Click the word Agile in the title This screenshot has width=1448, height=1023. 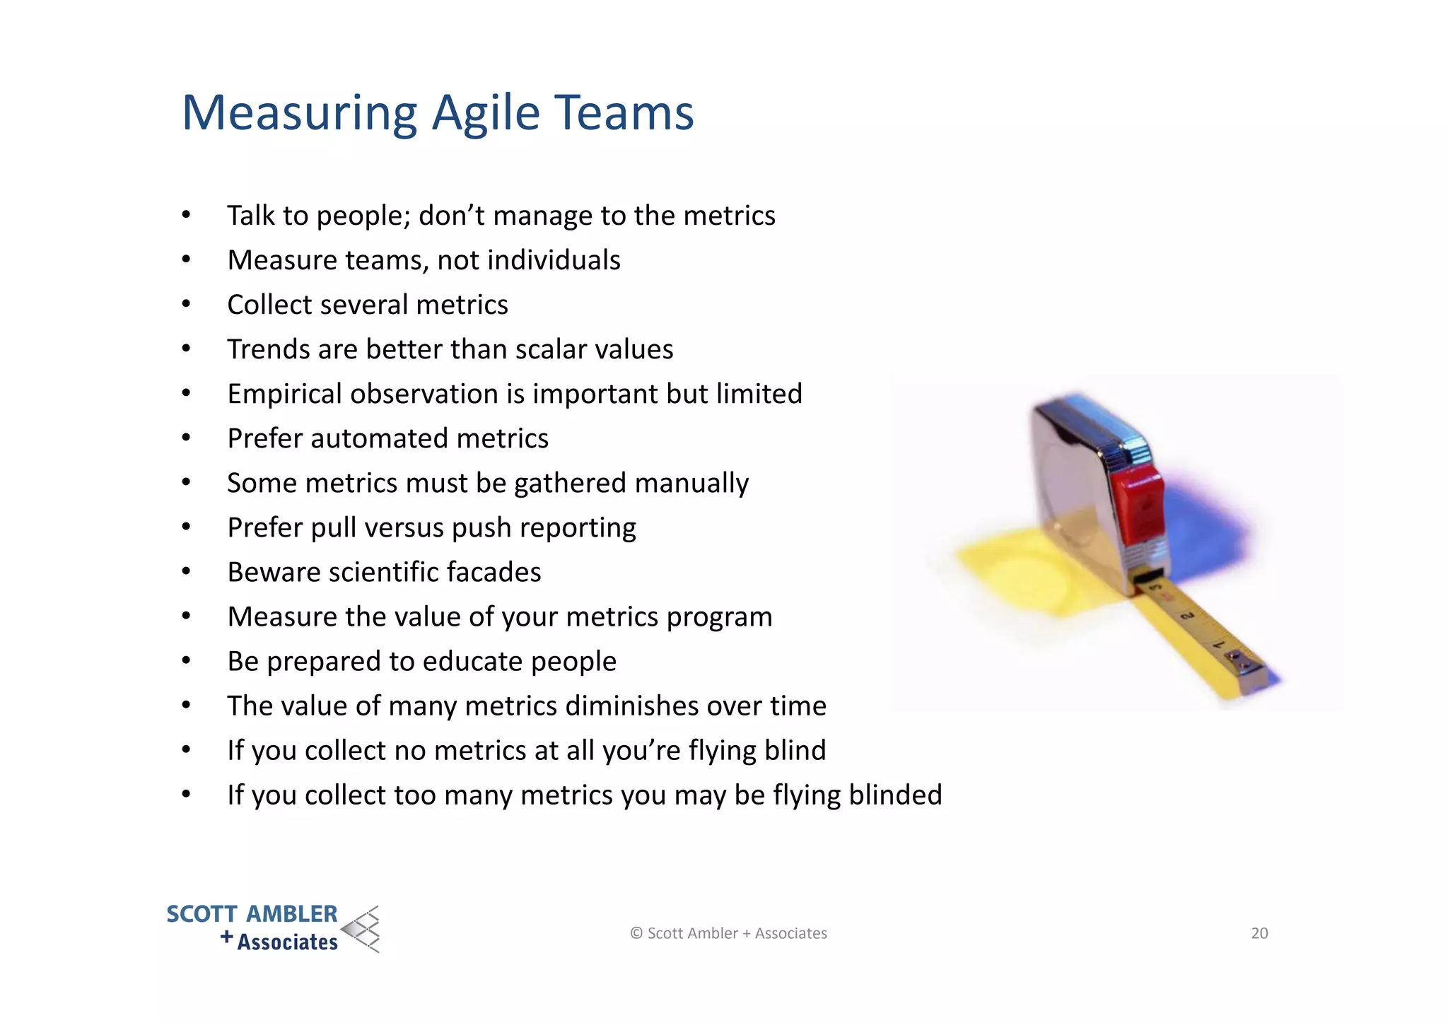[486, 113]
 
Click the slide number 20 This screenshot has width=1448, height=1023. [1259, 933]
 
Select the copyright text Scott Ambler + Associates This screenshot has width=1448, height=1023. [729, 933]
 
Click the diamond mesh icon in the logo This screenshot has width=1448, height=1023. [361, 929]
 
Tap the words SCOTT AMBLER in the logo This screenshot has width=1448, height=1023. [252, 914]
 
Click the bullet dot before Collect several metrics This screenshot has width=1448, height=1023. [186, 305]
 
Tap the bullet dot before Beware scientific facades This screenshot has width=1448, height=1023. [186, 572]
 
